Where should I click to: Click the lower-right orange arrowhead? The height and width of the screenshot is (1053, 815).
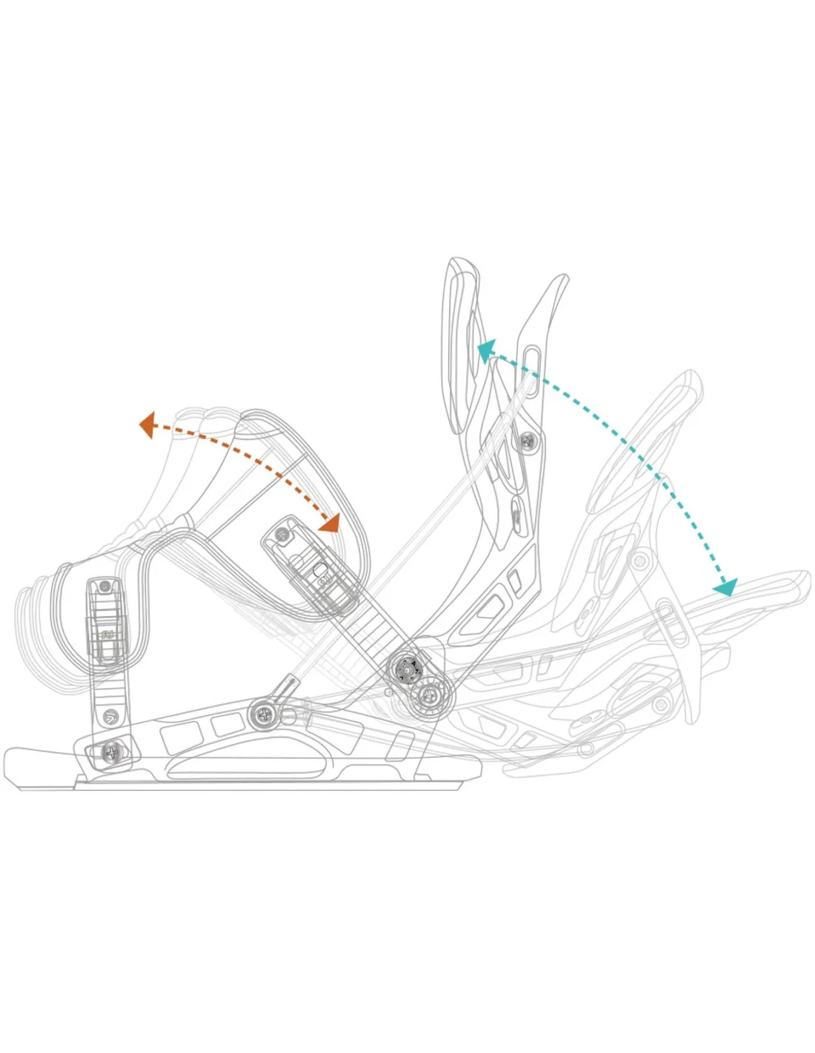click(329, 523)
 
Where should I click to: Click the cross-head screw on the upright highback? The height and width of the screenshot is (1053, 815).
click(528, 441)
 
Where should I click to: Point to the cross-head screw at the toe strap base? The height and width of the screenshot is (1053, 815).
click(112, 752)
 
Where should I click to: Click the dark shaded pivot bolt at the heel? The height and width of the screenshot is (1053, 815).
click(406, 668)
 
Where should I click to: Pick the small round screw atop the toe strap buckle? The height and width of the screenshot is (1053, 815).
click(104, 586)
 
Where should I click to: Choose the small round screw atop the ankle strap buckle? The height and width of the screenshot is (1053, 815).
click(282, 533)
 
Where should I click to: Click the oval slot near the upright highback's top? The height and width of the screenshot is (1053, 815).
click(530, 360)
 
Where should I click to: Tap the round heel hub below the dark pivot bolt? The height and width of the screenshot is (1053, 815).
click(430, 696)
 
